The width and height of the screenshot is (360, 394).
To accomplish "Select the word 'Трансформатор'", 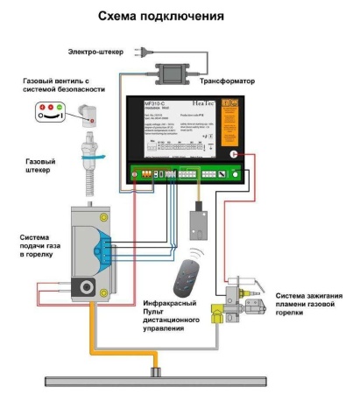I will click(226, 81).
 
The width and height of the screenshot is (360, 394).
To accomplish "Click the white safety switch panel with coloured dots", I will click(51, 110).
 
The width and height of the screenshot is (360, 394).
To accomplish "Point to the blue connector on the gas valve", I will click(104, 243).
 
